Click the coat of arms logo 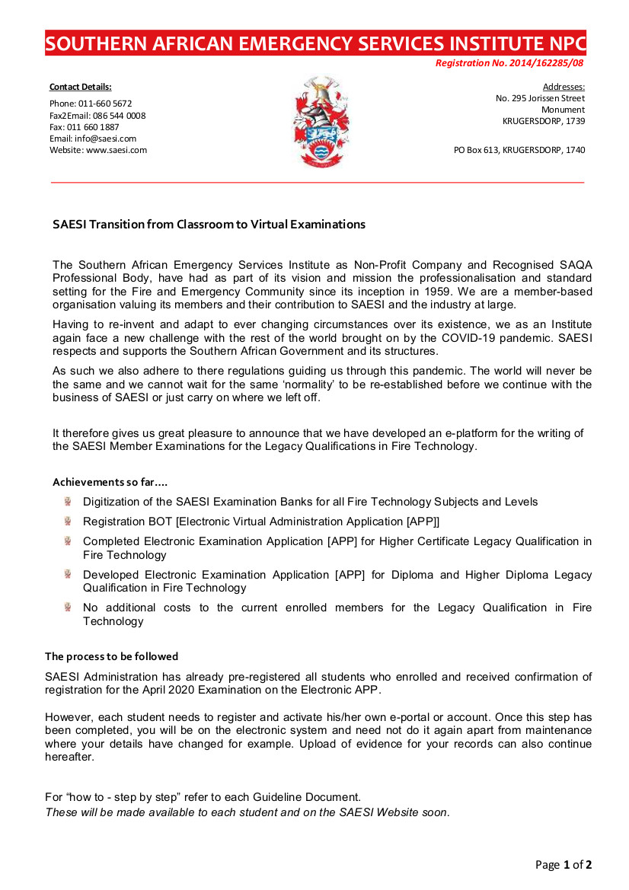coord(321,122)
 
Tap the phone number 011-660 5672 coord(104,104)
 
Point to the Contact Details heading coord(80,87)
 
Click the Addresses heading coord(564,87)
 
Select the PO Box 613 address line coord(519,151)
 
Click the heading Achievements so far coord(110,483)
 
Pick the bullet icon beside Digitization coord(68,502)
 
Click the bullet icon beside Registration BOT coord(68,522)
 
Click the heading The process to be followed coord(111,656)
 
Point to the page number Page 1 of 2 coord(564,865)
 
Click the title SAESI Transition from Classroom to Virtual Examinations coord(209,225)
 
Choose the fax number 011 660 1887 coord(94,127)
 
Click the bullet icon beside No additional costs coord(68,608)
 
